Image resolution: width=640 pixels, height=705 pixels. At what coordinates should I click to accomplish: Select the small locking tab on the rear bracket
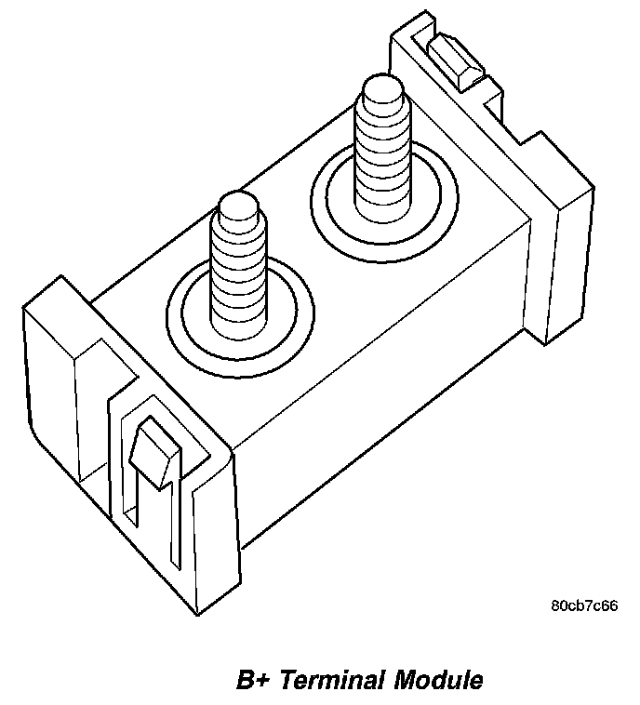pos(461,60)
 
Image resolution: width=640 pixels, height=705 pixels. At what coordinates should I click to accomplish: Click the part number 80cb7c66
pos(584,605)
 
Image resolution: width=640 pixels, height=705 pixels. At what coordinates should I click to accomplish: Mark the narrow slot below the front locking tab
pos(154,521)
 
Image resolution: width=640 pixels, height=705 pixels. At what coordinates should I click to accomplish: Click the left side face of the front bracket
pos(51,400)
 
